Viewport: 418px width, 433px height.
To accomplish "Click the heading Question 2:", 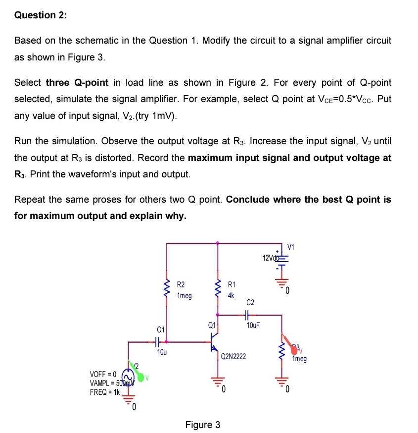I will [x=42, y=15].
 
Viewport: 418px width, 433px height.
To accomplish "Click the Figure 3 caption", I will [x=202, y=425].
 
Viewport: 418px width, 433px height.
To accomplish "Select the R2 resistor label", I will [x=181, y=284].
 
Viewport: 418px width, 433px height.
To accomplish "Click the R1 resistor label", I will [x=232, y=284].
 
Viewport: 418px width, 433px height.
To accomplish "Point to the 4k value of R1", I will [x=231, y=295].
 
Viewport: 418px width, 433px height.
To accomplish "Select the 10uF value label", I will [x=253, y=325].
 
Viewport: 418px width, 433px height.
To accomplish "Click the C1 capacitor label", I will [x=161, y=329].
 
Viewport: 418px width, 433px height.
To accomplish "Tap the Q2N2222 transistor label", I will [x=233, y=356].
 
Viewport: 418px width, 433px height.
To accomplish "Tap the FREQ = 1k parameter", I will [x=105, y=392].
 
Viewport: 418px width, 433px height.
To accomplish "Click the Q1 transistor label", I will [x=212, y=325].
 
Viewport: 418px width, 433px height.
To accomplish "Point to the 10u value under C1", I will [x=161, y=352].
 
